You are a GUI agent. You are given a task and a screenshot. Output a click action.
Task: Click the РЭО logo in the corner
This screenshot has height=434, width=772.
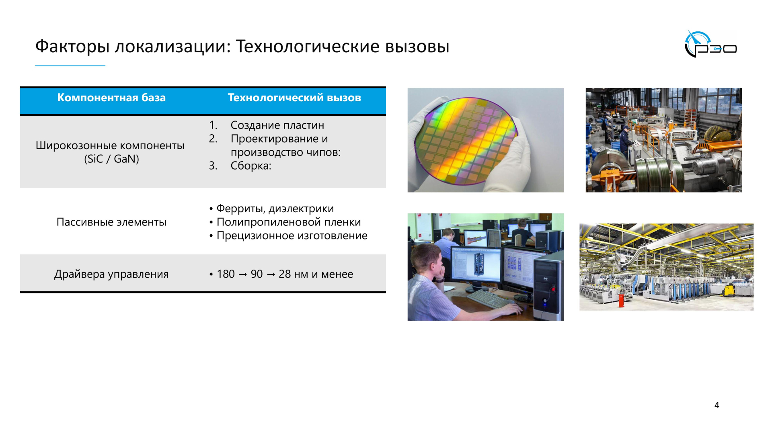pyautogui.click(x=710, y=45)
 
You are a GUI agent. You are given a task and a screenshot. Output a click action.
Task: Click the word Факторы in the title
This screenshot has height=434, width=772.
pyautogui.click(x=72, y=47)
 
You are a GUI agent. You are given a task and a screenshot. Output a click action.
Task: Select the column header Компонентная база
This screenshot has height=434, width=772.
pyautogui.click(x=111, y=98)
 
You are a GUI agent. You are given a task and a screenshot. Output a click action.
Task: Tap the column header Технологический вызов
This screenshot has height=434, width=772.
pyautogui.click(x=294, y=98)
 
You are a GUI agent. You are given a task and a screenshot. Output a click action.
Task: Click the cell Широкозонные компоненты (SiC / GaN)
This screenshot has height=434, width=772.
pyautogui.click(x=110, y=152)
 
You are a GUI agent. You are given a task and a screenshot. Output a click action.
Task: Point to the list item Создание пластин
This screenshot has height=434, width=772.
pyautogui.click(x=277, y=125)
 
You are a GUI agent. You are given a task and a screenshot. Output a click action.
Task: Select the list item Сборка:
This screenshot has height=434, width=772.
pyautogui.click(x=250, y=166)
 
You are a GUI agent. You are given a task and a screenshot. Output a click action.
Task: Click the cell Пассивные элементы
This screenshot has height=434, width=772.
pyautogui.click(x=111, y=222)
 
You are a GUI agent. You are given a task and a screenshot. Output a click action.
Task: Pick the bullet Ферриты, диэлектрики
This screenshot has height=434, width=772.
pyautogui.click(x=275, y=209)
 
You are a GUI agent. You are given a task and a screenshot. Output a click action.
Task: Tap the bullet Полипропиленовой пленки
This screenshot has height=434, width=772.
pyautogui.click(x=288, y=222)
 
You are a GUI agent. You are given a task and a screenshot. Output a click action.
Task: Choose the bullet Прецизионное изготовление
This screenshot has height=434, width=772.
pyautogui.click(x=292, y=235)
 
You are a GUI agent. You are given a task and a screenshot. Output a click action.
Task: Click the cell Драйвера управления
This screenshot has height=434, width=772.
pyautogui.click(x=111, y=274)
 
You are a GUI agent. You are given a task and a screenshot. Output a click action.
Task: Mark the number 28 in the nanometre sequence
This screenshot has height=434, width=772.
pyautogui.click(x=284, y=274)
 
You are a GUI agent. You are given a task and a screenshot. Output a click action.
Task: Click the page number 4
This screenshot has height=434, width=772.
pyautogui.click(x=717, y=405)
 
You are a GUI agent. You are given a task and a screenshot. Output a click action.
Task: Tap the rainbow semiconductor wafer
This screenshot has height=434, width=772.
pyautogui.click(x=466, y=141)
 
